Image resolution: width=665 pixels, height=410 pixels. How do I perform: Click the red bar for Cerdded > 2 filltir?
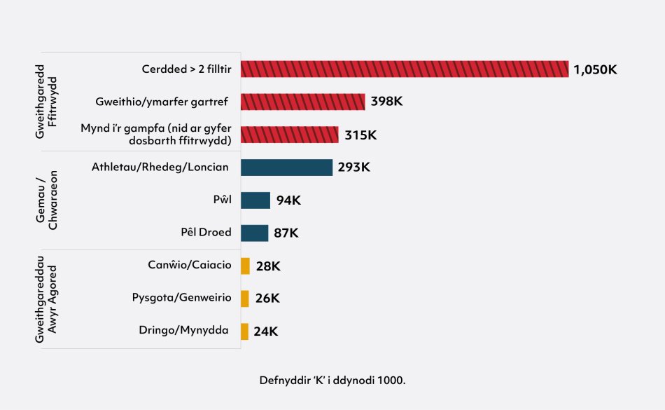(405, 69)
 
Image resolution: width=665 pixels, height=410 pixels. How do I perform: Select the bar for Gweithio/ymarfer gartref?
(302, 102)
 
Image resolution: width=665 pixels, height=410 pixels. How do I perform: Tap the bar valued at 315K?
(289, 135)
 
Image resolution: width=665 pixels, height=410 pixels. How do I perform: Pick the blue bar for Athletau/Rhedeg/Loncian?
(286, 168)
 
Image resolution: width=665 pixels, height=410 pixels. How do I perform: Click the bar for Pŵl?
(255, 200)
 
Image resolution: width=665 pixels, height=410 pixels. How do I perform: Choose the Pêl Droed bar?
(254, 233)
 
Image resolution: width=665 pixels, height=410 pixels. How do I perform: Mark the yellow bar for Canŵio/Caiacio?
(245, 266)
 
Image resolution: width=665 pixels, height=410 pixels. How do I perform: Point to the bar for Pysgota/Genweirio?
(245, 299)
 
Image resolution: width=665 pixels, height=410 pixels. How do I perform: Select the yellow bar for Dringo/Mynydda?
(244, 332)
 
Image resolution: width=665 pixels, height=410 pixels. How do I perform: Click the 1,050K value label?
(595, 69)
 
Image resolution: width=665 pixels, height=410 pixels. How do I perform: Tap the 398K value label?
(386, 102)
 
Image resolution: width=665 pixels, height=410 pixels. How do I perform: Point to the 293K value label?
(353, 168)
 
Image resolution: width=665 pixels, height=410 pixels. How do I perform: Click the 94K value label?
(288, 200)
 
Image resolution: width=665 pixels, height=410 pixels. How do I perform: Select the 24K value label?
(266, 332)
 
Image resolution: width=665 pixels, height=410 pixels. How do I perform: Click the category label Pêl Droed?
(206, 233)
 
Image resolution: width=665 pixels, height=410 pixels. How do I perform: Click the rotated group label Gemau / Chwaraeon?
(47, 200)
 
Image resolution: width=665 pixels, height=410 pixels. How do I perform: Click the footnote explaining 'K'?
(332, 380)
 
